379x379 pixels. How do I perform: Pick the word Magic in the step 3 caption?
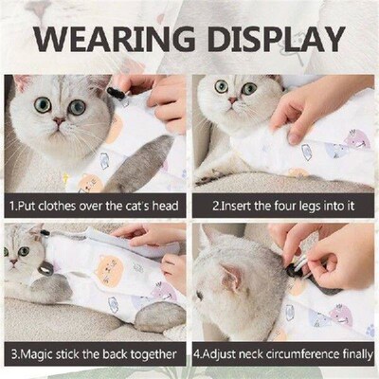point(38,354)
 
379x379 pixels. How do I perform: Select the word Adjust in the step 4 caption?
point(228,354)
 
